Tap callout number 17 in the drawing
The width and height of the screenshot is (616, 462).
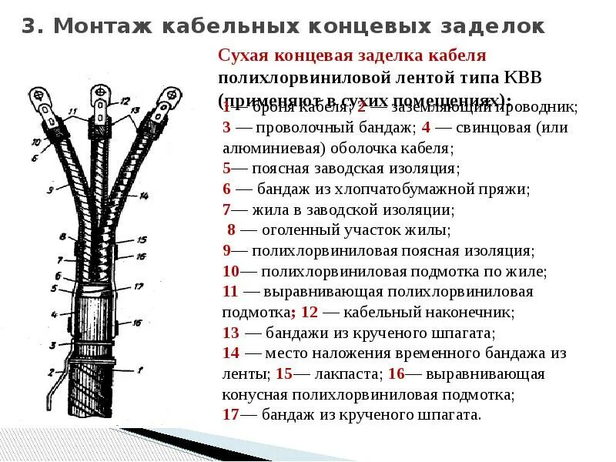(x=138, y=286)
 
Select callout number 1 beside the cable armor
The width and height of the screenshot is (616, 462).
(x=140, y=370)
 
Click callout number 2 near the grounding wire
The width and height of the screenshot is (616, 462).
(x=52, y=371)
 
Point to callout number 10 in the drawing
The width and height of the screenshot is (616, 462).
(x=35, y=142)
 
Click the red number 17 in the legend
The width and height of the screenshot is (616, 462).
(x=230, y=415)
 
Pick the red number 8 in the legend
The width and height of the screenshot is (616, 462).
(x=231, y=230)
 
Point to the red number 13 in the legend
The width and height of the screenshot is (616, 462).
(x=231, y=333)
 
